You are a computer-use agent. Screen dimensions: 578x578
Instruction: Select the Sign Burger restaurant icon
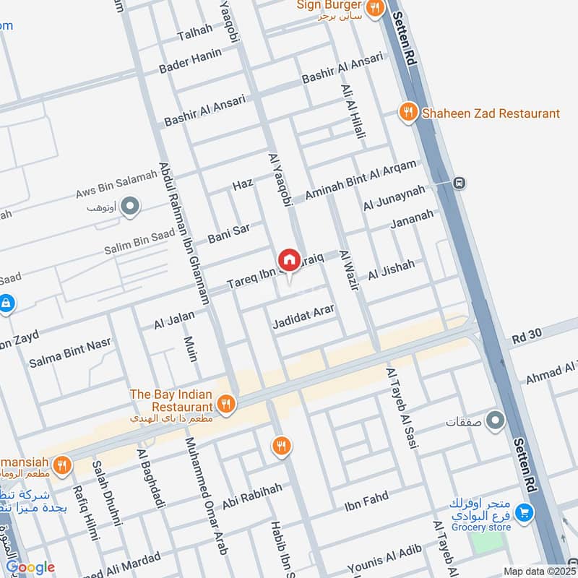(374, 9)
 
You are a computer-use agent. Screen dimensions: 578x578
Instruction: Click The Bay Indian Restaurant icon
(227, 404)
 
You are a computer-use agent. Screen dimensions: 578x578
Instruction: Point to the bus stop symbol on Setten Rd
(459, 184)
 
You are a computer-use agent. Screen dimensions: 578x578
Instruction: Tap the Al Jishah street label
(392, 270)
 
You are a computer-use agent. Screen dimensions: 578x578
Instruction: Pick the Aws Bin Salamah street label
(116, 185)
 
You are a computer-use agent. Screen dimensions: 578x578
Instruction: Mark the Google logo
(30, 567)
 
